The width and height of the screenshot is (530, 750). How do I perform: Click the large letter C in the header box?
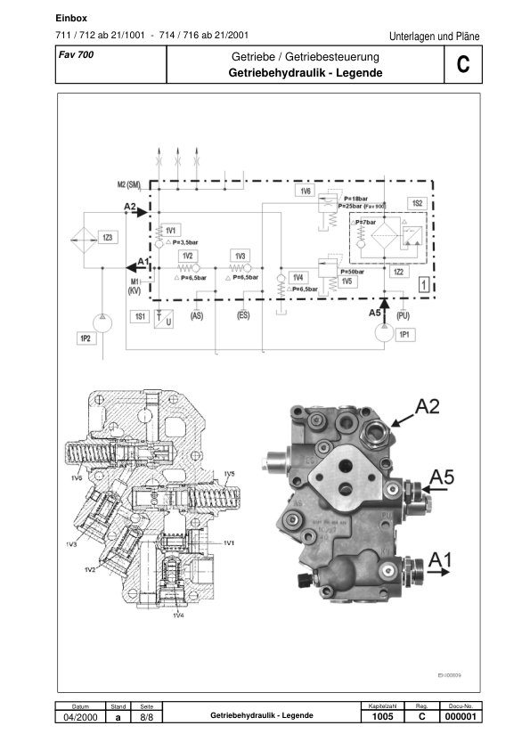pos(461,65)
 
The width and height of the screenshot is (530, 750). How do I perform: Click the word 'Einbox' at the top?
pos(70,17)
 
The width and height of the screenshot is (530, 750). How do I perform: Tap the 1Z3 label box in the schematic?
pos(108,237)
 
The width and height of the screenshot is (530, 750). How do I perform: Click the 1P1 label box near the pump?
pos(404,334)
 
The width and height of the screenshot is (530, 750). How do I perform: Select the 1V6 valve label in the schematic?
pos(305,191)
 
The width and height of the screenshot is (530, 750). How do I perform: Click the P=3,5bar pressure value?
pos(183,242)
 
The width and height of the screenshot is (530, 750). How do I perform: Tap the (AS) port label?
pos(198,315)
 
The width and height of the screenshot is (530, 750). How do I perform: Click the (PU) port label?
pos(404,315)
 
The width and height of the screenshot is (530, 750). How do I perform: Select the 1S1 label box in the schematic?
pos(139,316)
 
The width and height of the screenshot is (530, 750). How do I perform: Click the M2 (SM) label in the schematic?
pos(130,184)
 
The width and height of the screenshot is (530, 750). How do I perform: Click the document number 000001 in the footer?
pos(461,717)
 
